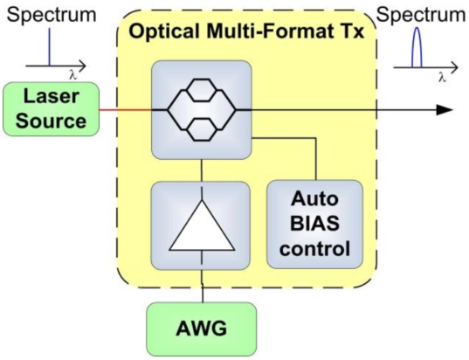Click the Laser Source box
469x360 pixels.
click(51, 109)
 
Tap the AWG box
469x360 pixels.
click(202, 329)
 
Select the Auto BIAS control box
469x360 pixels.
click(314, 225)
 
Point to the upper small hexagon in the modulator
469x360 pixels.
click(201, 90)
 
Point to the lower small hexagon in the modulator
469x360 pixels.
click(201, 129)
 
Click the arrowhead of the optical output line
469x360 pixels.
click(445, 110)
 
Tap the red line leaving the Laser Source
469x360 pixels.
click(126, 110)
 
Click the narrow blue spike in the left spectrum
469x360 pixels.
click(50, 47)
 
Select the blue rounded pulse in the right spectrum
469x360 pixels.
click(417, 47)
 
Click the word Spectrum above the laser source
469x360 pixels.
click(52, 14)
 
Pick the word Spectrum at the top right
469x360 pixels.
click(421, 14)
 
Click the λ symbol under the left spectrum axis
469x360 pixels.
click(73, 75)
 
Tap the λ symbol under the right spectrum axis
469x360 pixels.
click(442, 78)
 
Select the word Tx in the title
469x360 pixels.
click(355, 31)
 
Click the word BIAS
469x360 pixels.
click(314, 224)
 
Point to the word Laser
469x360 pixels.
click(52, 96)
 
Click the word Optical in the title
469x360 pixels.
click(164, 31)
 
